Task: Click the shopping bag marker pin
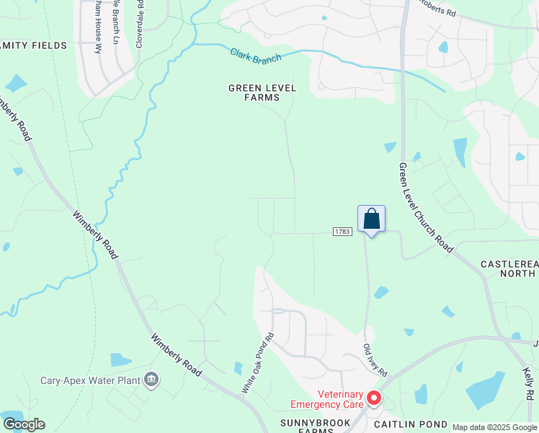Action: click(371, 219)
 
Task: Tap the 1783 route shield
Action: click(342, 232)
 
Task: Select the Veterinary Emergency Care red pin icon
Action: click(374, 398)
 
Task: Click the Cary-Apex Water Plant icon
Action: click(151, 379)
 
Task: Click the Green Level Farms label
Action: click(254, 92)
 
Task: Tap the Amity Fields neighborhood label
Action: click(33, 45)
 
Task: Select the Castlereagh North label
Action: click(509, 269)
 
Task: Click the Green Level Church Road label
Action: click(425, 207)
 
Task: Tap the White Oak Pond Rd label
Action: click(258, 362)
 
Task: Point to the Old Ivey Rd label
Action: click(375, 361)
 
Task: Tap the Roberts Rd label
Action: click(439, 9)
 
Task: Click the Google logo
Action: click(24, 424)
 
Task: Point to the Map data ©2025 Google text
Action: click(494, 427)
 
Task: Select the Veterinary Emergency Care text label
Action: click(326, 399)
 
